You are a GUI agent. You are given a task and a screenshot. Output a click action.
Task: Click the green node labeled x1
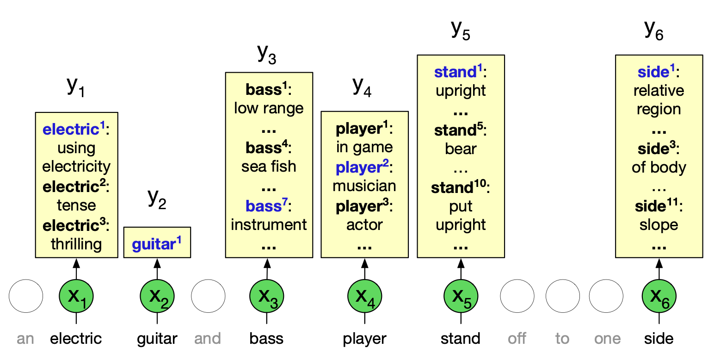click(76, 296)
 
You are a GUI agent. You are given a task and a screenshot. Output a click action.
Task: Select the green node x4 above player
click(364, 296)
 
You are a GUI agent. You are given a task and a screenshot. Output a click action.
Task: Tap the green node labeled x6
click(659, 296)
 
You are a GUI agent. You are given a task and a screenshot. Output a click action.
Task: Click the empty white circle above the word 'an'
click(26, 296)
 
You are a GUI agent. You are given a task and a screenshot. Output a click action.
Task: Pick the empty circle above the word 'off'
click(517, 296)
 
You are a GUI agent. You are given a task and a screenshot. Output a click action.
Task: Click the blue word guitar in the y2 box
click(154, 244)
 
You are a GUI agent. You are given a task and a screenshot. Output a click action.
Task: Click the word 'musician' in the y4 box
click(364, 186)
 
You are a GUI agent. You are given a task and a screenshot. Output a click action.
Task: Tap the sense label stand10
click(458, 188)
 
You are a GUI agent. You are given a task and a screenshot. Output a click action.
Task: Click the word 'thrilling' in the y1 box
click(76, 244)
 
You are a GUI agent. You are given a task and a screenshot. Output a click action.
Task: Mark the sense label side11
click(657, 206)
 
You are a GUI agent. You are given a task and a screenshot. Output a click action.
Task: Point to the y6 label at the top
click(654, 30)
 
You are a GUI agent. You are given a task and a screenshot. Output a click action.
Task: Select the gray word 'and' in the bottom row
click(207, 339)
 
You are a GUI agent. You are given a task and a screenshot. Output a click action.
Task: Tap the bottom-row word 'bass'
click(266, 339)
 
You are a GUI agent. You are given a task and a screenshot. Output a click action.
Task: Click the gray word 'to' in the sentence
click(562, 339)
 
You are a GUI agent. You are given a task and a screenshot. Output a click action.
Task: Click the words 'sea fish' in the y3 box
click(269, 166)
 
